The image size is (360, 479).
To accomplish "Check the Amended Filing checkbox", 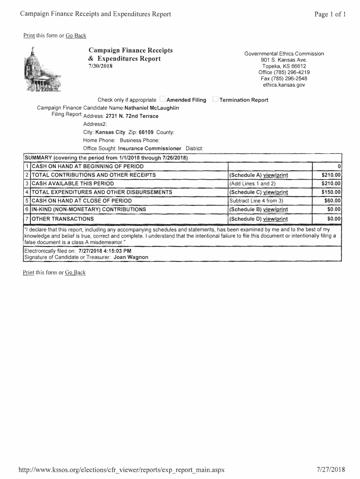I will pyautogui.click(x=162, y=99).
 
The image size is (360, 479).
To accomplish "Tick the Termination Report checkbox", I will pyautogui.click(x=215, y=99).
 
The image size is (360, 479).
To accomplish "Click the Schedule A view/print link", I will pyautogui.click(x=275, y=175).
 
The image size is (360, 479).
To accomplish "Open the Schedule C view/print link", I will pyautogui.click(x=275, y=192).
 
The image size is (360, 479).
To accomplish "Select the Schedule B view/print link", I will pyautogui.click(x=275, y=210).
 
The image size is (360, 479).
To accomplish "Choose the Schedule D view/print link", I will pyautogui.click(x=275, y=219).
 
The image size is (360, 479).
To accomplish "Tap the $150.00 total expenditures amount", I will pyautogui.click(x=331, y=192).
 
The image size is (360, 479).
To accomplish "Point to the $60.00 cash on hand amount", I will pyautogui.click(x=332, y=201).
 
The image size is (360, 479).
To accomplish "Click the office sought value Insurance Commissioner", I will pyautogui.click(x=150, y=148).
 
